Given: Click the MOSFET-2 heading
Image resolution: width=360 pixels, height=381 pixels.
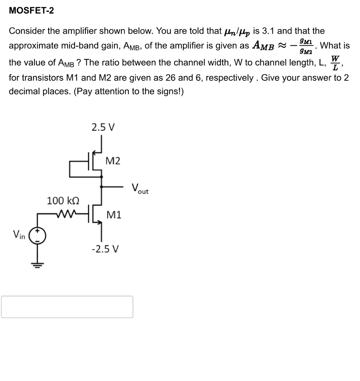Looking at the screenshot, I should coord(31,10).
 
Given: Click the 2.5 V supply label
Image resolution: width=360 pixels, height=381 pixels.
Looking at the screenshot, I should coord(103,127).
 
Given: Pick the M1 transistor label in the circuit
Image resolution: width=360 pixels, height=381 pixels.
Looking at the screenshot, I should coord(114,215).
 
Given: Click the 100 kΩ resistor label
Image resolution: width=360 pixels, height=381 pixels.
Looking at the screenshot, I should coord(64,200).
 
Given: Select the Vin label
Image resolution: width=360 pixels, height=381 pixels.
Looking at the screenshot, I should coord(19,235).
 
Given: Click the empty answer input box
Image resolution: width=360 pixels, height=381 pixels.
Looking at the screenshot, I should coord(67,307).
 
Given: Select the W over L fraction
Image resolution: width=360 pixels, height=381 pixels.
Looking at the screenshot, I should coord(335,63).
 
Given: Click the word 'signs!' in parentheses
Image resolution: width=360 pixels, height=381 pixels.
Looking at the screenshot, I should coord(170,91).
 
